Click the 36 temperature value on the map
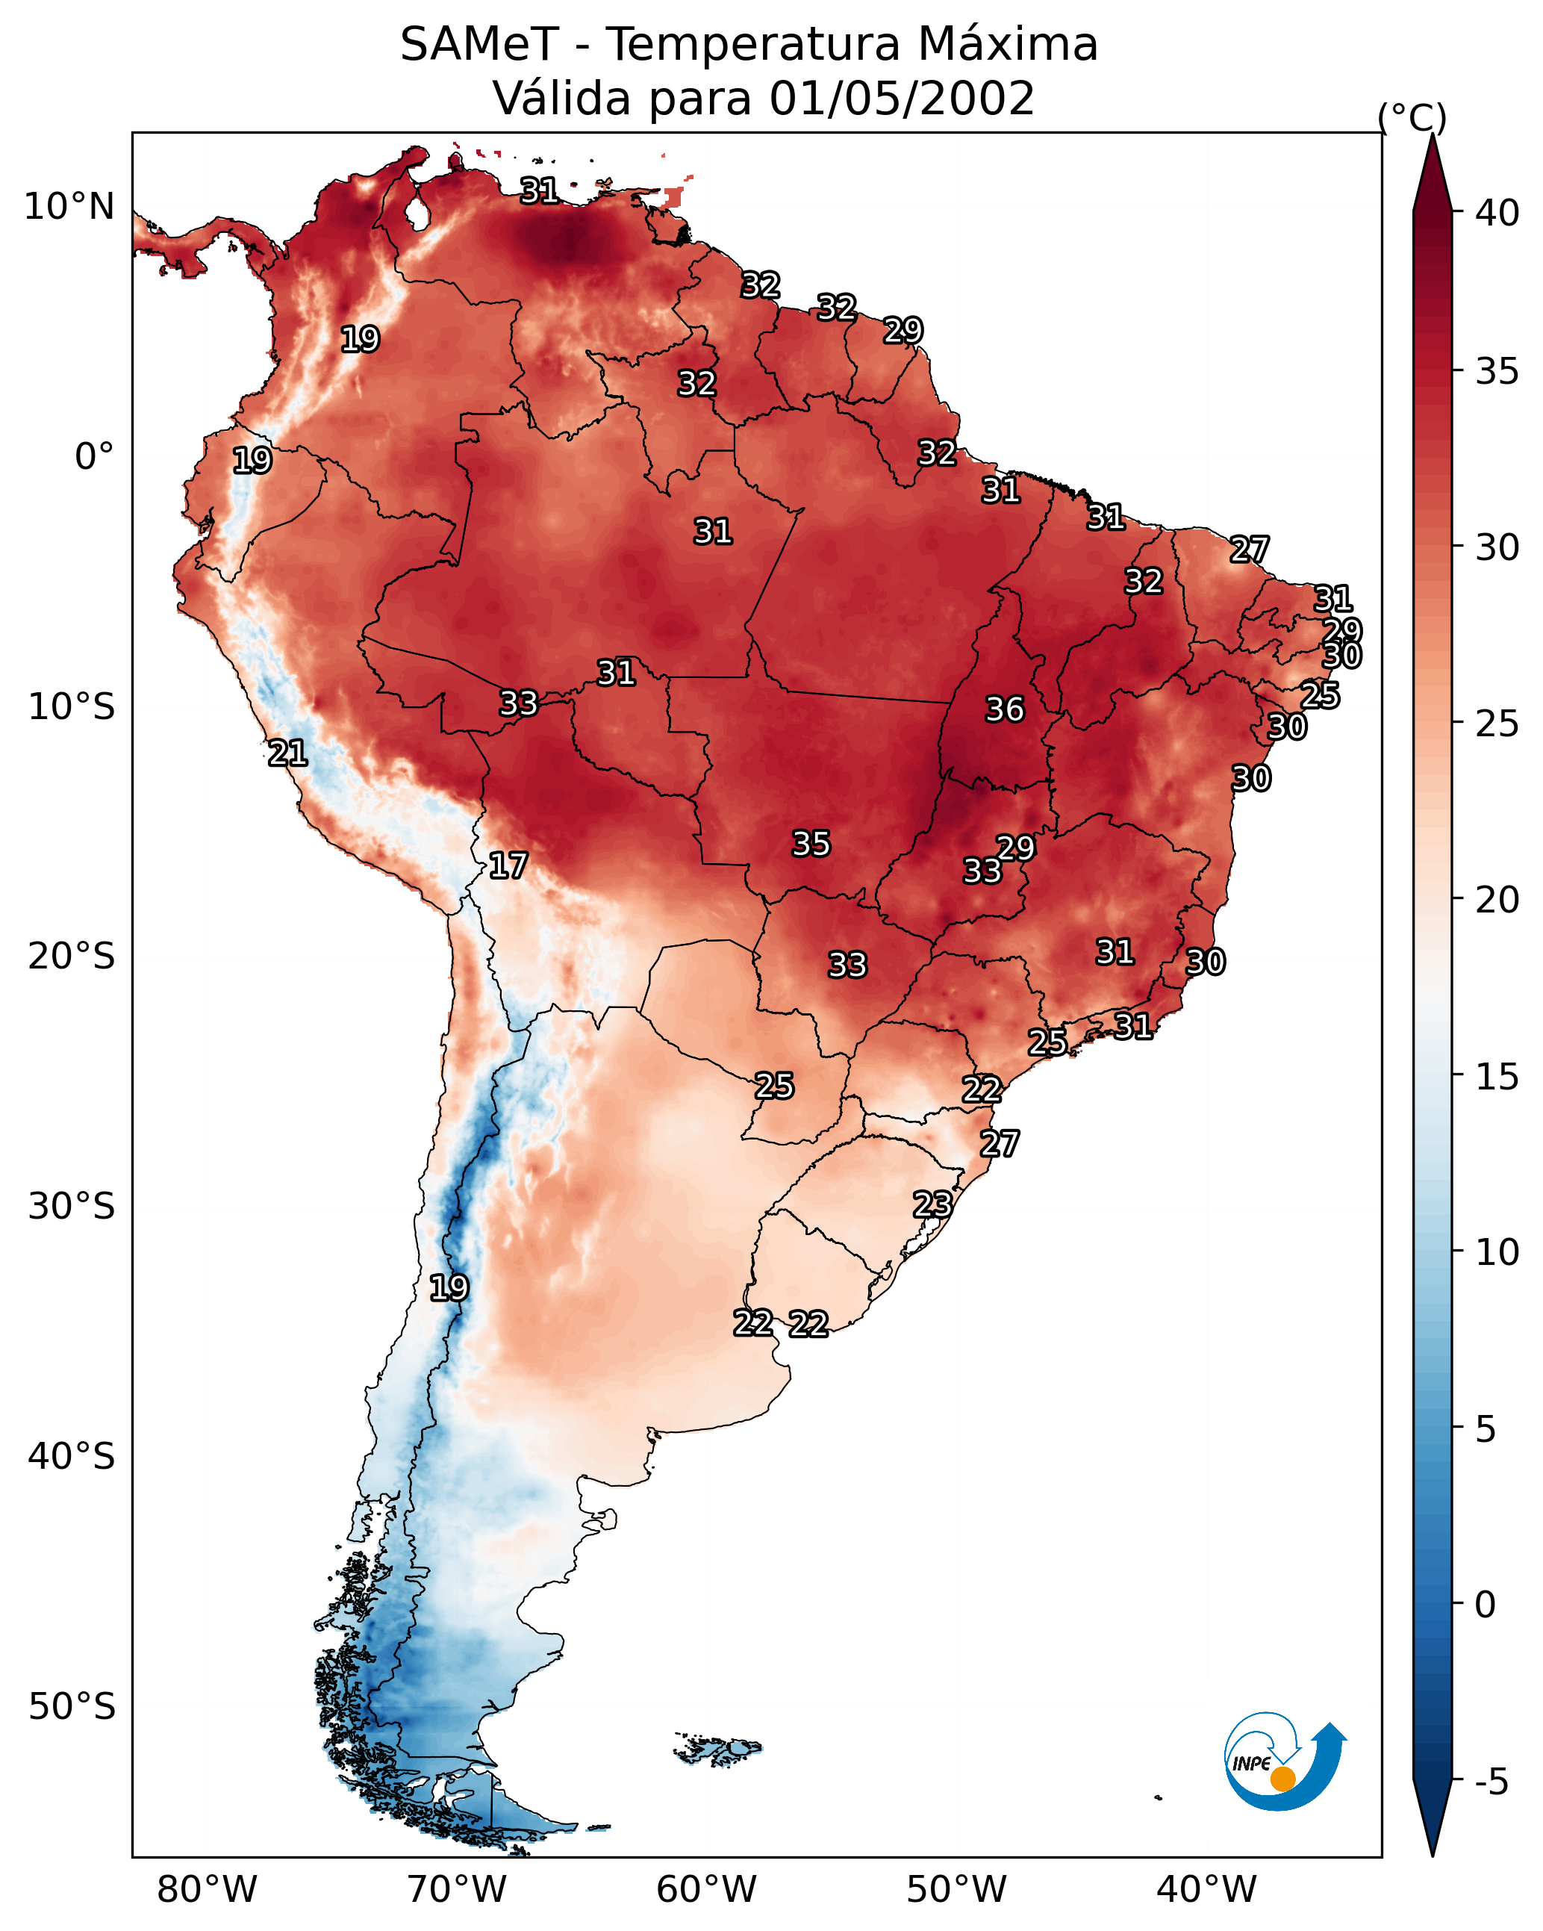click(x=1004, y=709)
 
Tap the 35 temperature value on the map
click(x=811, y=844)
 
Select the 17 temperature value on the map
click(x=508, y=865)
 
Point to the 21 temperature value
click(x=287, y=753)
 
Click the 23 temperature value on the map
click(x=932, y=1204)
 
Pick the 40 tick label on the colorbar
click(x=1497, y=213)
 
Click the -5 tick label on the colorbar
click(x=1491, y=1782)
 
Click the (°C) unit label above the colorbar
click(x=1412, y=117)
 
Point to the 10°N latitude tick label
click(x=69, y=207)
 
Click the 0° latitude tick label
click(x=94, y=457)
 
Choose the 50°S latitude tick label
click(x=72, y=1707)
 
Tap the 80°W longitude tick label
click(x=207, y=1890)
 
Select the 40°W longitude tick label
click(x=1206, y=1890)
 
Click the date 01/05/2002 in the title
click(x=901, y=99)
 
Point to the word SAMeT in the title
click(x=479, y=45)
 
